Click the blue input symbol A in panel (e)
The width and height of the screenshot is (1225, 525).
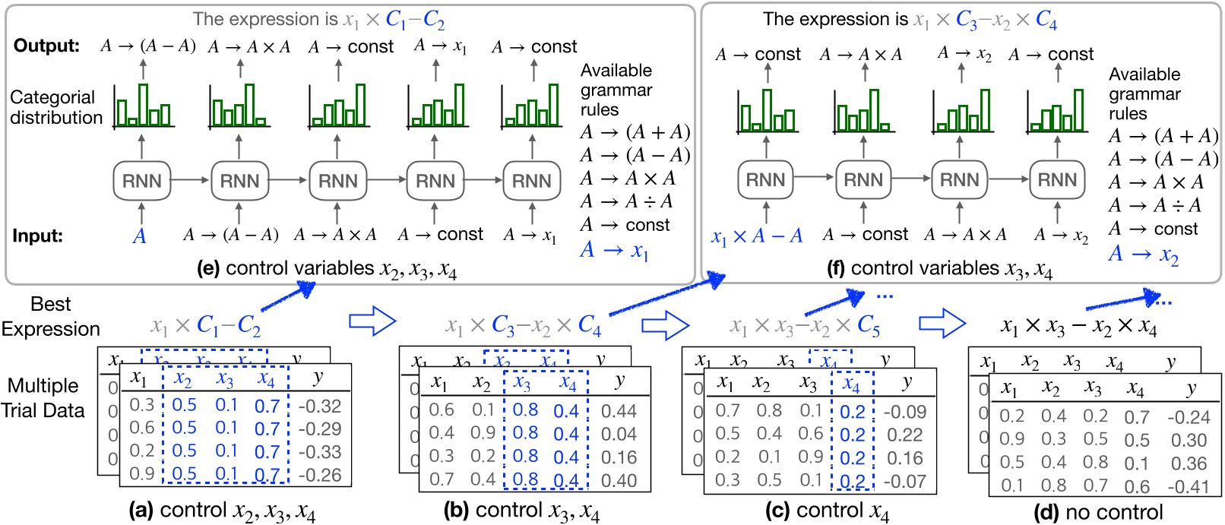139,236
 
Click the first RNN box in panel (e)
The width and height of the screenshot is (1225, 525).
141,181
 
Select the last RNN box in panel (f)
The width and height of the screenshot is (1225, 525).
1057,179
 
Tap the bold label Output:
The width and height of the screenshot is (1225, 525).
46,46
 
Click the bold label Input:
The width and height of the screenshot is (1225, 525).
37,236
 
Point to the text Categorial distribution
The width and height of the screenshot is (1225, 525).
55,107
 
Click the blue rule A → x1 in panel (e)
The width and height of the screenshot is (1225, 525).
614,250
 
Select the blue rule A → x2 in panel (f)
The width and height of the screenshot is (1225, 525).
1143,255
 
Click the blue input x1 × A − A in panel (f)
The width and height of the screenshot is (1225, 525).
757,236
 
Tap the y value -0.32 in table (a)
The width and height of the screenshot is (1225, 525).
319,406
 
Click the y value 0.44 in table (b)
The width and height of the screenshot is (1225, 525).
619,411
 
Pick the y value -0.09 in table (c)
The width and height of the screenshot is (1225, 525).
904,412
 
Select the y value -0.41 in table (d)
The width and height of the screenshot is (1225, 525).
1189,485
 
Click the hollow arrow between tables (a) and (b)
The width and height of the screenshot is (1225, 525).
372,321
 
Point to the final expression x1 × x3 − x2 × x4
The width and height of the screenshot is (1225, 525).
1078,327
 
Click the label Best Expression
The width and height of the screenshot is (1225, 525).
50,316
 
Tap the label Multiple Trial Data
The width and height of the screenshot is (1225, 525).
43,398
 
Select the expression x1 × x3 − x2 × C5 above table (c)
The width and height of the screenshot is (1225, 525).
804,326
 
